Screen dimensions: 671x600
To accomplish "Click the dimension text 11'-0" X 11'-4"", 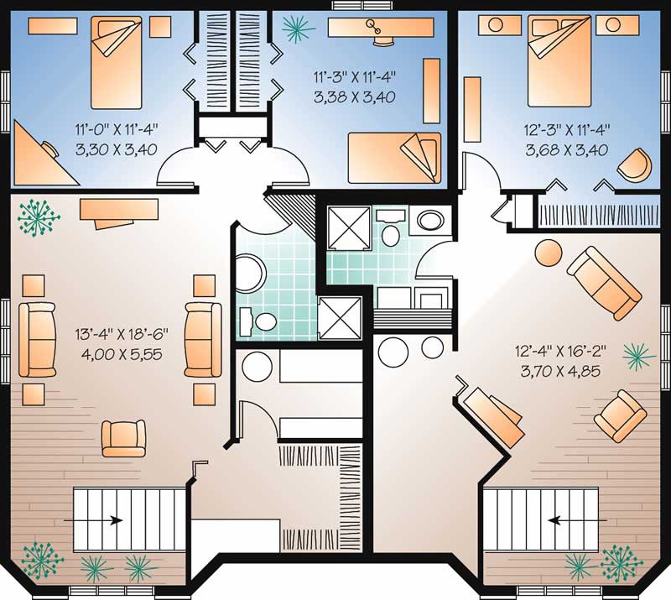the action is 117,128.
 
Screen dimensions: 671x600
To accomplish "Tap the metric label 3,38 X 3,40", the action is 354,97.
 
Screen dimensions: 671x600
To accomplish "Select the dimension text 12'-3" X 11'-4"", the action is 567,130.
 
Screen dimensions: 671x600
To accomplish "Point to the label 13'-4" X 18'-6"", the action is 122,334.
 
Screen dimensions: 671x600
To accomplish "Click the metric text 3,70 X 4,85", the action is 560,371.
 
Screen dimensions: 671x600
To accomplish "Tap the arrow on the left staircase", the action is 93,520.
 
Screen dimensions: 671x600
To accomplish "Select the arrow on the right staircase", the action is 577,520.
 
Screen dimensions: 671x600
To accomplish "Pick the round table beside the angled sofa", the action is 549,253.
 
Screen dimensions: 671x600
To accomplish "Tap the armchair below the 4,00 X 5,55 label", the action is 123,438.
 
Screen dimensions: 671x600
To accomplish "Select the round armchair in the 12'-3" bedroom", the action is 635,164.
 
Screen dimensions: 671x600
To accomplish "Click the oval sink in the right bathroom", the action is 430,221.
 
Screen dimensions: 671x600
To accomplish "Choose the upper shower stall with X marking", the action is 349,227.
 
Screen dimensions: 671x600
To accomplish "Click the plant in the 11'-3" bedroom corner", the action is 298,29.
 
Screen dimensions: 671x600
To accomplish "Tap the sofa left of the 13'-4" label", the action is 37,340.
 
